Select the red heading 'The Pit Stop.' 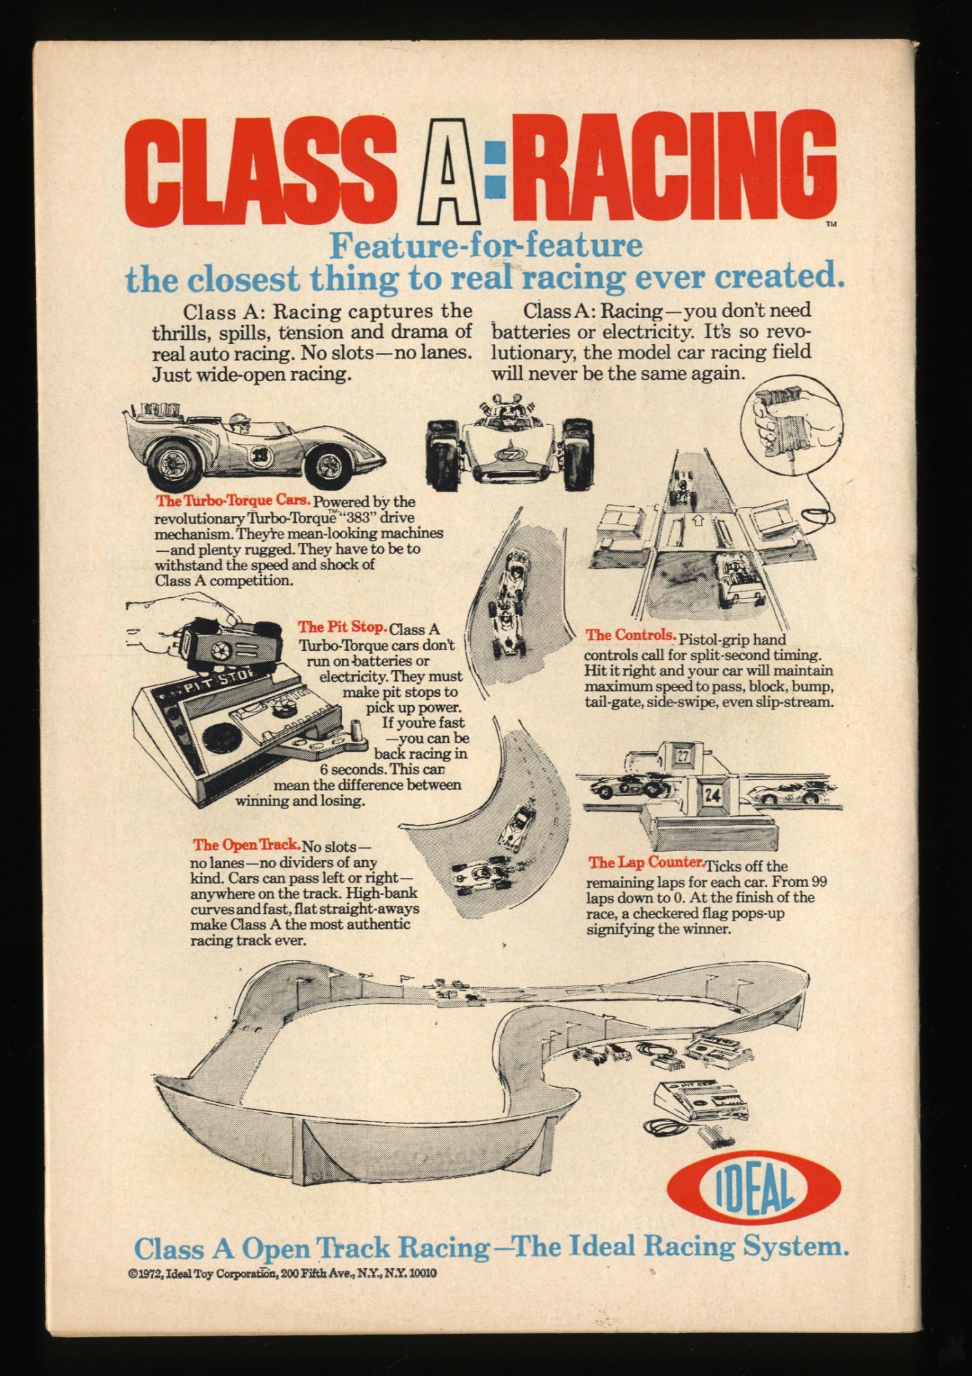tap(342, 627)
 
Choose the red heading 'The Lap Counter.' tap(645, 862)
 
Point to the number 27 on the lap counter tap(682, 755)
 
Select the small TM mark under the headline tap(831, 225)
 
